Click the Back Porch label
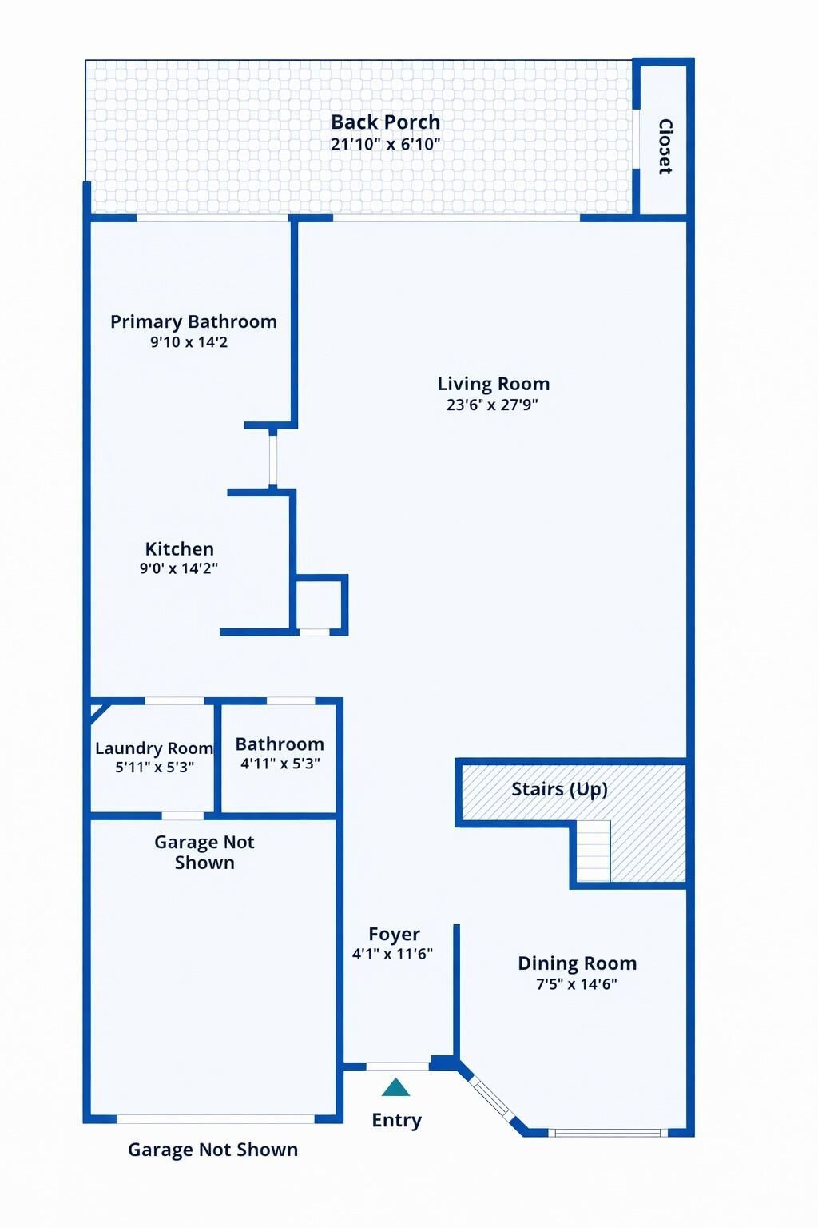tap(385, 122)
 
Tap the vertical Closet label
tap(665, 146)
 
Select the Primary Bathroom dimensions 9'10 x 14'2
tap(189, 342)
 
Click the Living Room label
tap(493, 384)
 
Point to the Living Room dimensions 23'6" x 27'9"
tap(492, 405)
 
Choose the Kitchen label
tap(179, 549)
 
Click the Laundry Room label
tap(153, 748)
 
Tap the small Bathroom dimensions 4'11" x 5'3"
tap(280, 764)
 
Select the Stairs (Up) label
tap(559, 790)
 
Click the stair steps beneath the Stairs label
tap(593, 852)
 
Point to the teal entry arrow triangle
tap(395, 1088)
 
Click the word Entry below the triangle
tap(396, 1121)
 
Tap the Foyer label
tap(394, 934)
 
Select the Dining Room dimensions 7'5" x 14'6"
tap(577, 984)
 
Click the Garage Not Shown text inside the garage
tap(204, 852)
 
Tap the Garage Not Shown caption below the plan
tap(212, 1150)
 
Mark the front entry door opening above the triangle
tap(398, 1066)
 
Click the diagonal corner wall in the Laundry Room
tap(98, 711)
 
